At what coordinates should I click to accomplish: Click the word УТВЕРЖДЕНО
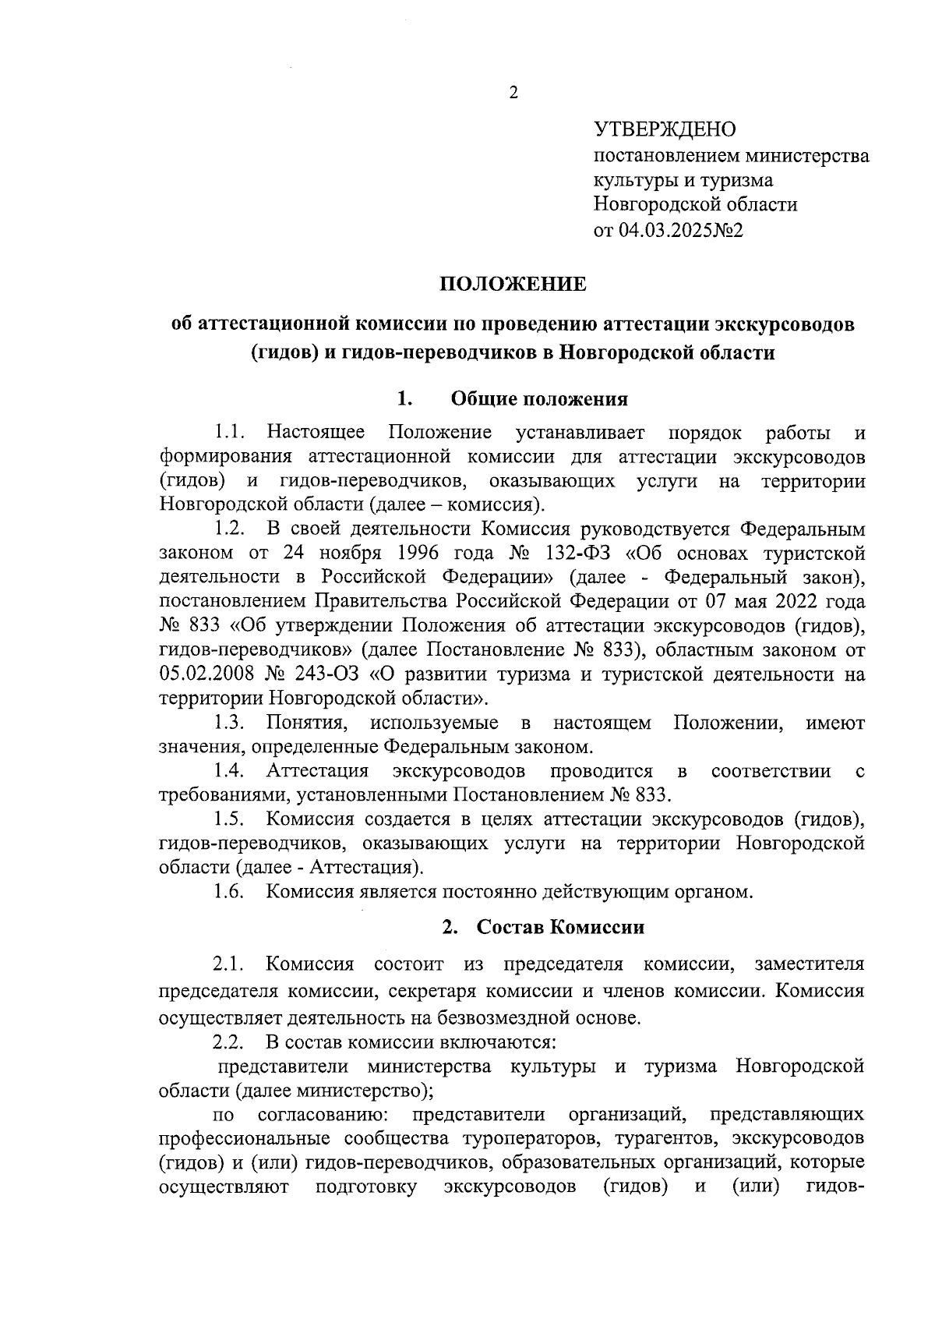click(x=665, y=129)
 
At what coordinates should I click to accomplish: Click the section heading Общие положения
click(x=539, y=400)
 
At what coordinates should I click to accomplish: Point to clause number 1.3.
click(x=231, y=723)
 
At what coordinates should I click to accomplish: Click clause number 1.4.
click(x=231, y=772)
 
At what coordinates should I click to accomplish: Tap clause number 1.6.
click(x=231, y=892)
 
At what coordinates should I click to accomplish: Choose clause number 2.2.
click(x=229, y=1042)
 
